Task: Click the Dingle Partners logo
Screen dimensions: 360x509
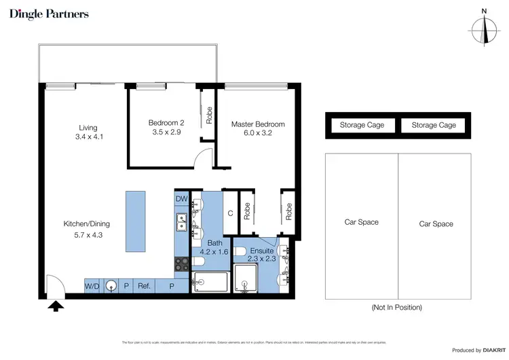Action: pos(49,14)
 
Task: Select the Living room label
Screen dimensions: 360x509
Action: pos(88,128)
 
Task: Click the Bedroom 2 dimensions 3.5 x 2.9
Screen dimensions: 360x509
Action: pos(166,132)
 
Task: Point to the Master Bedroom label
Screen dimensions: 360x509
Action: pos(258,124)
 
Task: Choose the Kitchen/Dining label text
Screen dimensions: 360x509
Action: pos(87,224)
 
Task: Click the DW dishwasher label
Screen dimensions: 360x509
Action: pos(181,199)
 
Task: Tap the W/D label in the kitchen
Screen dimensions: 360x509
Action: pos(92,287)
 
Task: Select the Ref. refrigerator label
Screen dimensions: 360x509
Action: pos(144,287)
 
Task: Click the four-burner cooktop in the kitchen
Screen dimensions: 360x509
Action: pos(182,263)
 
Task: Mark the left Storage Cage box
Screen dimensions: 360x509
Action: pos(362,125)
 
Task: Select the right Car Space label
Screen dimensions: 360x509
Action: pos(434,224)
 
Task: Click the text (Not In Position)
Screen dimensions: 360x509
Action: pos(397,308)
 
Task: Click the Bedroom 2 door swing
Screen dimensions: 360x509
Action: pos(201,160)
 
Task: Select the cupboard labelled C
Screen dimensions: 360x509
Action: pos(230,213)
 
